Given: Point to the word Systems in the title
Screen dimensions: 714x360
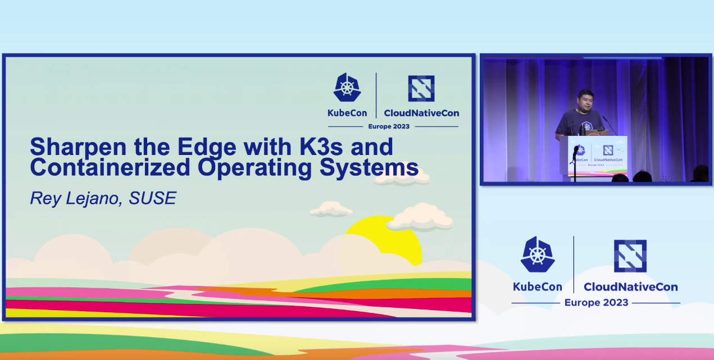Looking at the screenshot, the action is point(369,168).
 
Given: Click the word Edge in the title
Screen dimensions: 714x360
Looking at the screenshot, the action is point(207,148).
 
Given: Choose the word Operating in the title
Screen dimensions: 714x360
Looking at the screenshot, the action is point(254,168).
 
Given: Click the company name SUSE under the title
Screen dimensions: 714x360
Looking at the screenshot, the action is point(152,198).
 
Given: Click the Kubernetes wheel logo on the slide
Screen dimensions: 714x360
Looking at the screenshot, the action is point(347,88).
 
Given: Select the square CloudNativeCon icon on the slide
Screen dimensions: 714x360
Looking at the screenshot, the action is point(421,88).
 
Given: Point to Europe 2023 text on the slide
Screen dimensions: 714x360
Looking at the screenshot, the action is point(389,126).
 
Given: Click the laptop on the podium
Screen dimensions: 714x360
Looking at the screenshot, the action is point(597,132).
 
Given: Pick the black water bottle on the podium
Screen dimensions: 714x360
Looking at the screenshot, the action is point(583,130).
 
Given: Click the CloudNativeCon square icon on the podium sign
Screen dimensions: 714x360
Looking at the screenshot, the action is point(608,150).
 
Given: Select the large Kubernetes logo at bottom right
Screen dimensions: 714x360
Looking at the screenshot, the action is point(538,254).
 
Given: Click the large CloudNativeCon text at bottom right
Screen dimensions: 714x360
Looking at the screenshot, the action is point(630,287).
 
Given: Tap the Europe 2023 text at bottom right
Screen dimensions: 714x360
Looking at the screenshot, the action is point(596,302).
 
